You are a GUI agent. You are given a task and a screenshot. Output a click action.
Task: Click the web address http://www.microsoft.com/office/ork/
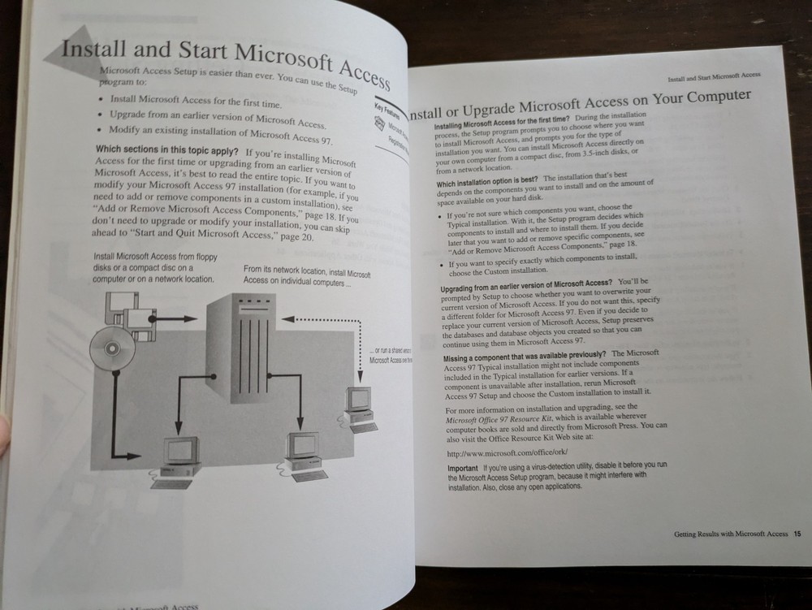(508, 452)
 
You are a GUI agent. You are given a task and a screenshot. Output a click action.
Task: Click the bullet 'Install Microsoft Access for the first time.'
(195, 102)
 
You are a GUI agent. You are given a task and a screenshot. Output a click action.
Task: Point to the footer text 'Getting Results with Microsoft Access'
(730, 534)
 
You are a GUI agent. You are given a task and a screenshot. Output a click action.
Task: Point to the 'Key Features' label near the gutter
(385, 113)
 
